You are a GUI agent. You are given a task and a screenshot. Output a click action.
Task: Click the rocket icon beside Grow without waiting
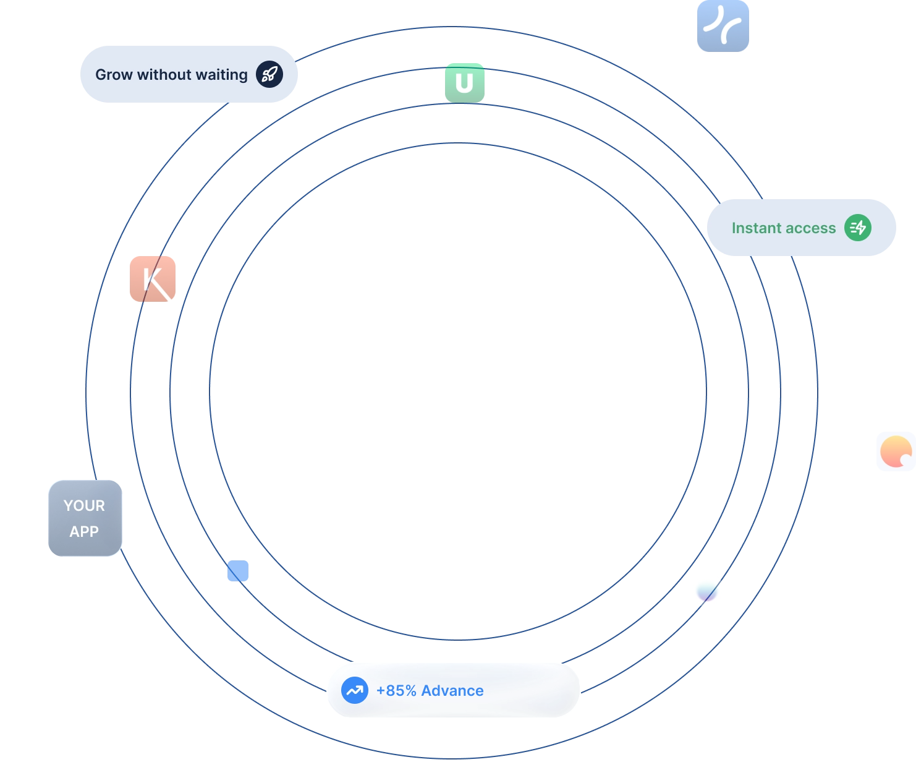coord(269,75)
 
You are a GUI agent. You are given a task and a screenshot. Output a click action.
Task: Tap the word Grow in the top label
coord(114,75)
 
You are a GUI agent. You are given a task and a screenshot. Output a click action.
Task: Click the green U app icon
coord(465,82)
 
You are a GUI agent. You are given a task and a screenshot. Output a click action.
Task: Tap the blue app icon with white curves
coord(723,26)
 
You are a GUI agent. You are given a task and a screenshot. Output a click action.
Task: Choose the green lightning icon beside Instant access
coord(858,228)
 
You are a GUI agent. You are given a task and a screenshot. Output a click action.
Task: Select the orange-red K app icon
coord(153,280)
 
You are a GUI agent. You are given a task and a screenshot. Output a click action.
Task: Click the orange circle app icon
coord(896,452)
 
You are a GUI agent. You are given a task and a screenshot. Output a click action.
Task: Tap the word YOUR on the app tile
coord(84,506)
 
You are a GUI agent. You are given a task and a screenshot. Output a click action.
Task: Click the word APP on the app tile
coord(84,532)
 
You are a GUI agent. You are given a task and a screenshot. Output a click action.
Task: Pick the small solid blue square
coord(239,571)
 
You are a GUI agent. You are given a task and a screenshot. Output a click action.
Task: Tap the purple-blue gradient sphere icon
coord(707,591)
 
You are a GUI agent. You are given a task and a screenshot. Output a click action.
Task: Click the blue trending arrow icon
coord(355,690)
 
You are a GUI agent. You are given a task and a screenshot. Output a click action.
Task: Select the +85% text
coord(396,691)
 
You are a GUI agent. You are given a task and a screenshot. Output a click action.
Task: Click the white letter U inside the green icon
coord(464,83)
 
